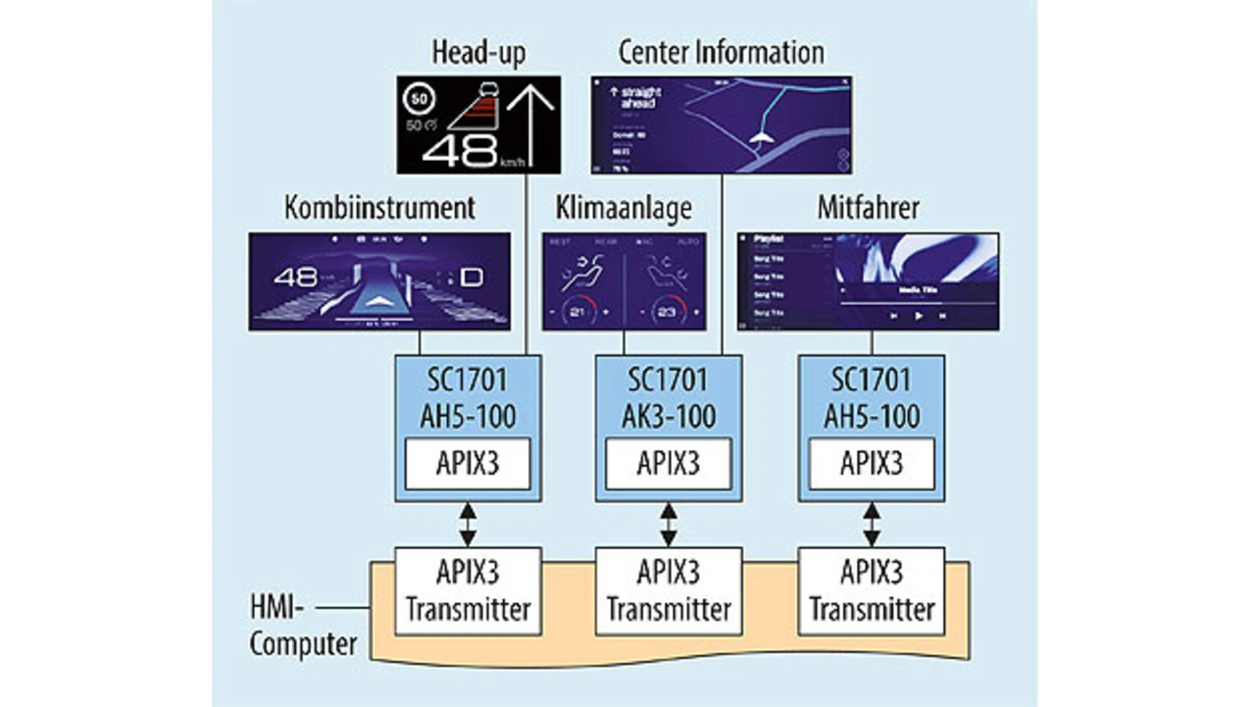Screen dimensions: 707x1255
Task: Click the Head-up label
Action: click(479, 53)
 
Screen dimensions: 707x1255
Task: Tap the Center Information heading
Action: click(721, 53)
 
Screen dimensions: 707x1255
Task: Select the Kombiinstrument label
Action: click(379, 208)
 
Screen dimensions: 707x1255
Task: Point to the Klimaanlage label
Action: click(624, 208)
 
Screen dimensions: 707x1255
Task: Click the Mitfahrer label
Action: click(868, 208)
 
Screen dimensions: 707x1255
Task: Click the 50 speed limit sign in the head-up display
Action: click(419, 98)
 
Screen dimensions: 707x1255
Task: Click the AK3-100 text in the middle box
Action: click(669, 416)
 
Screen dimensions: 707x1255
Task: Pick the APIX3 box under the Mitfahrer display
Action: click(872, 464)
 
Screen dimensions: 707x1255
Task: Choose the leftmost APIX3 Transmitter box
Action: click(468, 590)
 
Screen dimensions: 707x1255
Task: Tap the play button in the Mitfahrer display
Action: click(919, 316)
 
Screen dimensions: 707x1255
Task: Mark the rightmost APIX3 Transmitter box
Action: click(872, 590)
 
